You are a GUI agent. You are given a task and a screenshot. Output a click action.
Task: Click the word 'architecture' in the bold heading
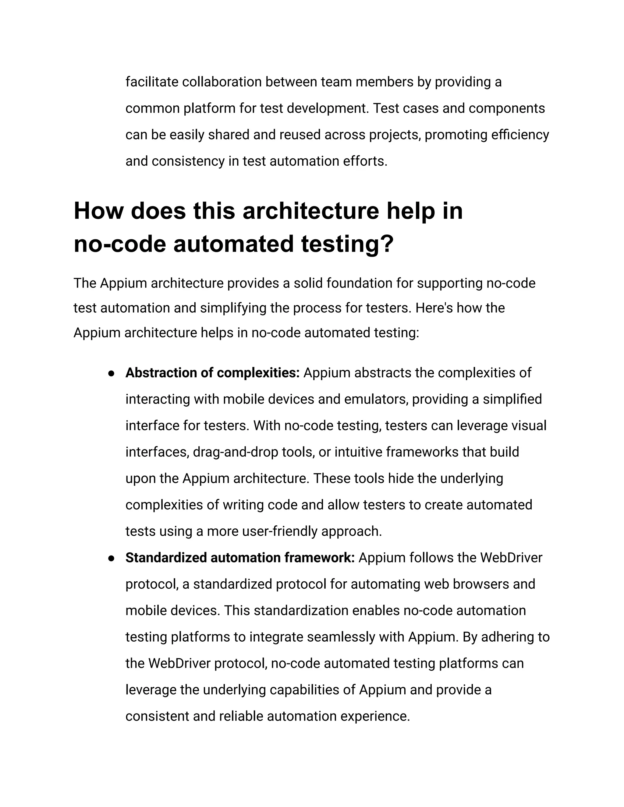click(x=310, y=211)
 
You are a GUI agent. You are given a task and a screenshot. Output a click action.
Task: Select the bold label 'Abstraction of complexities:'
click(x=212, y=373)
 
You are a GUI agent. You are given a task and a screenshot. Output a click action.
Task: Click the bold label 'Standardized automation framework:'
click(x=240, y=558)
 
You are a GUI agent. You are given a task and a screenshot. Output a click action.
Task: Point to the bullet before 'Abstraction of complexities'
click(x=111, y=374)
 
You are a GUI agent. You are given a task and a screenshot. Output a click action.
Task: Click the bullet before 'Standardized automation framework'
click(x=111, y=558)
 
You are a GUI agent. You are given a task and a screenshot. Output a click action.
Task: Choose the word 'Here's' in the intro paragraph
click(x=434, y=308)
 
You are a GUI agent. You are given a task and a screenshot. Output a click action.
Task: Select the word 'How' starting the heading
click(x=98, y=211)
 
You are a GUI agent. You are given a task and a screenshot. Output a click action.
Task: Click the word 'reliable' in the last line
click(x=241, y=716)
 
